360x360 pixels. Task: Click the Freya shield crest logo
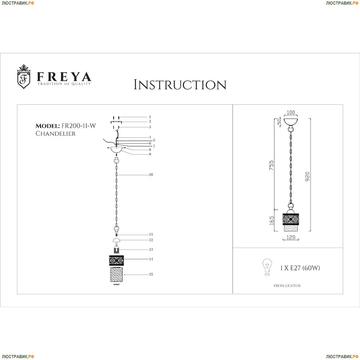click(x=24, y=77)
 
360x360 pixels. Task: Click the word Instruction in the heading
click(x=180, y=85)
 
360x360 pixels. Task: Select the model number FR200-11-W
click(x=78, y=126)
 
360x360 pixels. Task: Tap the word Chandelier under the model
click(x=55, y=134)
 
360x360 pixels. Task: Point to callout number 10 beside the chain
click(x=151, y=175)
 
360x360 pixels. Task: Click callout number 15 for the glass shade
click(x=151, y=274)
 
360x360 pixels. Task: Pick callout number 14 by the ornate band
click(x=151, y=259)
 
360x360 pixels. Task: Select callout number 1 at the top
click(x=150, y=117)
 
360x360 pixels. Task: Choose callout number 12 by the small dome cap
click(x=151, y=240)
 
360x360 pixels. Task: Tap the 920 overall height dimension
click(x=307, y=176)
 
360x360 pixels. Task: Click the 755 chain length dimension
click(x=271, y=165)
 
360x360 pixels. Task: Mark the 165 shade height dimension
click(x=271, y=220)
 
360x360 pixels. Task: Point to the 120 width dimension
click(x=291, y=237)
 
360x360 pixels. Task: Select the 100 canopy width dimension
click(x=291, y=112)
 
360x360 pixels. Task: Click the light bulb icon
click(x=267, y=267)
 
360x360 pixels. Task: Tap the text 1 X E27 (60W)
click(x=300, y=268)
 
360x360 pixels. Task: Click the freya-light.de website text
click(x=287, y=286)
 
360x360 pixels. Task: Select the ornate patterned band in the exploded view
click(x=116, y=261)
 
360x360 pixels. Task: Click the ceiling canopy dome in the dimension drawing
click(x=291, y=122)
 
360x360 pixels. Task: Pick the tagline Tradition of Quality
click(x=64, y=84)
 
